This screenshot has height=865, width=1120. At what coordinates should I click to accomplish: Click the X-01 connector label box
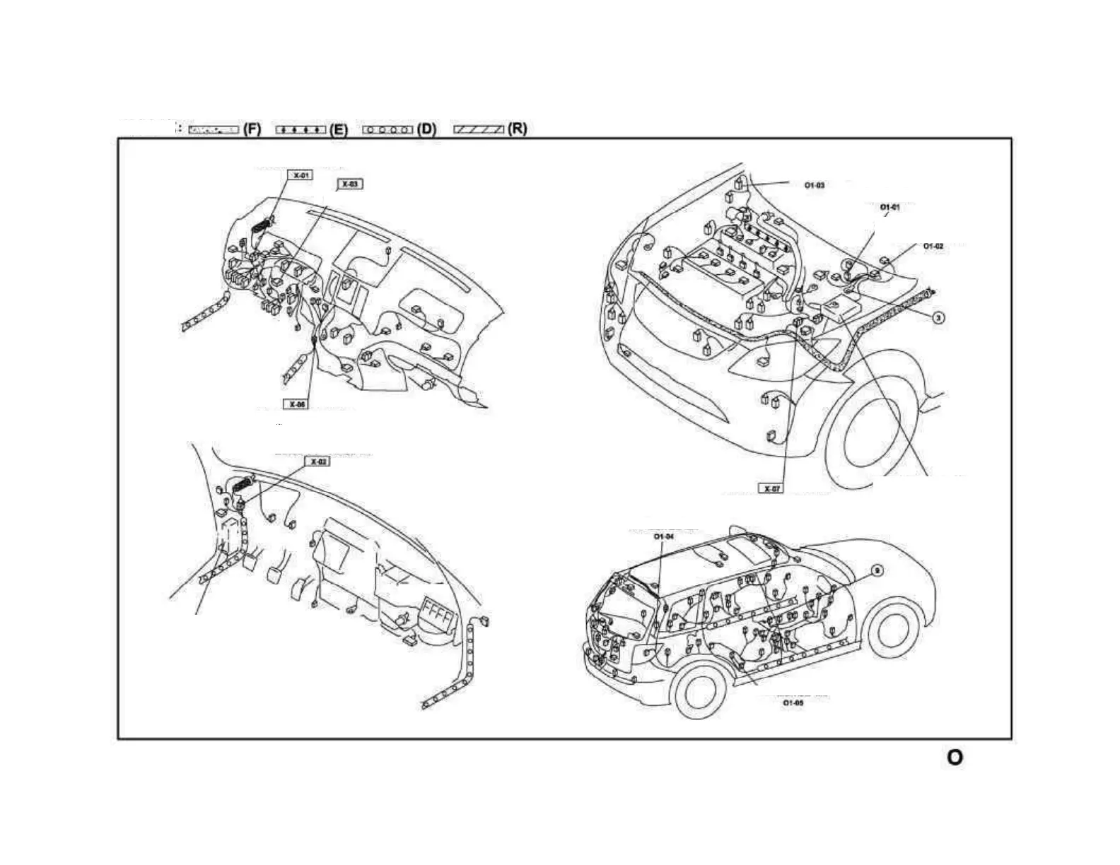[x=301, y=175]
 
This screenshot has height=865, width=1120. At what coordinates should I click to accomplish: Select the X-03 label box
[x=350, y=184]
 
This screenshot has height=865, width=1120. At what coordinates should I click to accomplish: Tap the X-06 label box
[x=298, y=404]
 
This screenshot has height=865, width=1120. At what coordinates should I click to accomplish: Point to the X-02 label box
[x=318, y=461]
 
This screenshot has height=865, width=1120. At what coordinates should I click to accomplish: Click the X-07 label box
[x=771, y=488]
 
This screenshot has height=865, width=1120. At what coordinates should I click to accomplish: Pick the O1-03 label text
[x=815, y=185]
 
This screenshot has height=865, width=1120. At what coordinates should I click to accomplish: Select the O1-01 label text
[x=889, y=207]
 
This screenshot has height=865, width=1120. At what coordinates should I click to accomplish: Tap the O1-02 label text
[x=933, y=246]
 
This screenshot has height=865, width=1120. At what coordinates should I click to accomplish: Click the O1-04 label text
[x=663, y=537]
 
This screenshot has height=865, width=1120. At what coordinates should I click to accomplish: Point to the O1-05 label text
[x=793, y=703]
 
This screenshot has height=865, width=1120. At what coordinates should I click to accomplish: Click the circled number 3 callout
[x=938, y=317]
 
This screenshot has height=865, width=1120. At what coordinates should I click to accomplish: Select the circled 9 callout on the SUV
[x=876, y=570]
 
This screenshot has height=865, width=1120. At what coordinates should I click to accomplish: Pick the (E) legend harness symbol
[x=301, y=129]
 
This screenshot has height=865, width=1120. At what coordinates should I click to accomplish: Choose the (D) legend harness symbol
[x=387, y=129]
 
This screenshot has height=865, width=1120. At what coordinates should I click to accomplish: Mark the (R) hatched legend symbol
[x=479, y=129]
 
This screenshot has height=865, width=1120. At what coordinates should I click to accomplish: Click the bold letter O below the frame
[x=955, y=757]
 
